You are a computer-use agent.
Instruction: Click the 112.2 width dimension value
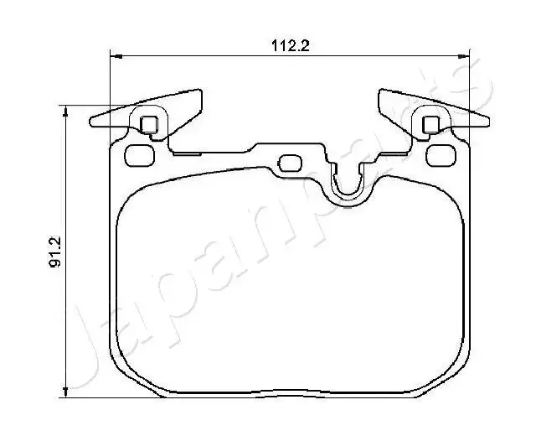click(x=291, y=45)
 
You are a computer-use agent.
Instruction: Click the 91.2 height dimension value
click(x=55, y=252)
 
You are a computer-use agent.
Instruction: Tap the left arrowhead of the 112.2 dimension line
click(x=116, y=56)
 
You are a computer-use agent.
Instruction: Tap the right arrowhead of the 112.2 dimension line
click(x=464, y=56)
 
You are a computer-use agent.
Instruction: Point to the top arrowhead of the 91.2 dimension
click(x=65, y=112)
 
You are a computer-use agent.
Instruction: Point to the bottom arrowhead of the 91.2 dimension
click(x=65, y=392)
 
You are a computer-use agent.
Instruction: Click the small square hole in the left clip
click(x=149, y=125)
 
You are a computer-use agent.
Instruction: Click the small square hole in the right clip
click(x=431, y=125)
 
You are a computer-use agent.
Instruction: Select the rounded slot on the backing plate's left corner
click(x=140, y=155)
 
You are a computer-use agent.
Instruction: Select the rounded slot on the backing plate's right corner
click(x=441, y=155)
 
